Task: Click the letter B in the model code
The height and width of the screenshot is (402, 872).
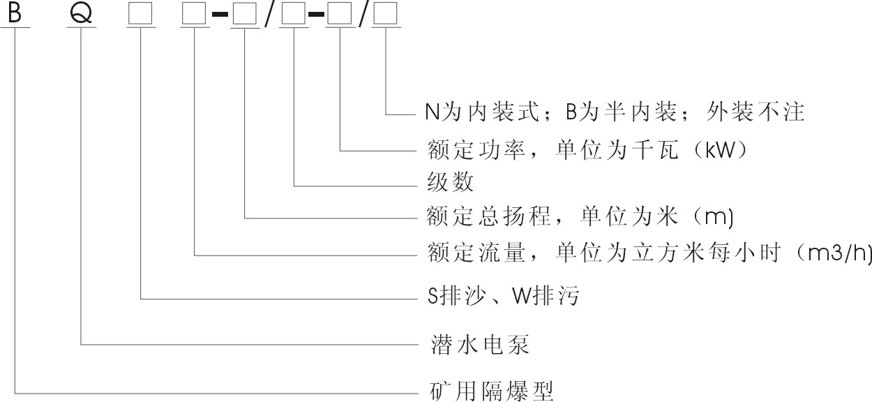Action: (x=13, y=14)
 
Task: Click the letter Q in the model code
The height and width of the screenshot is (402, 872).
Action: (x=82, y=14)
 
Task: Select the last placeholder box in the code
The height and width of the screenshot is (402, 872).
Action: (x=386, y=14)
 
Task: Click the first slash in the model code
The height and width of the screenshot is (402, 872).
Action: (x=269, y=15)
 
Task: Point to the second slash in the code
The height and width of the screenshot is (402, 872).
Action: (x=363, y=15)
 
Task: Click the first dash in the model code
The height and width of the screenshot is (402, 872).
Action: (x=219, y=15)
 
